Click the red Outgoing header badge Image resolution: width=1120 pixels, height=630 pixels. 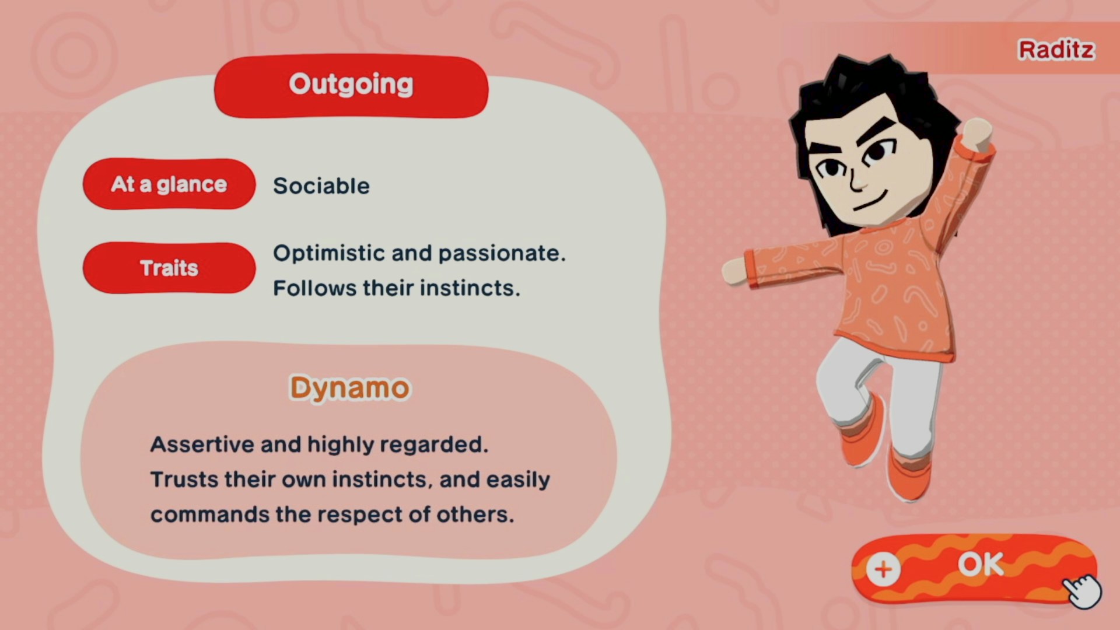351,86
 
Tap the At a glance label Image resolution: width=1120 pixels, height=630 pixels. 169,184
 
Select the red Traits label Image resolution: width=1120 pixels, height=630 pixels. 169,268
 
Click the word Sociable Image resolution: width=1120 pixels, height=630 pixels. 321,185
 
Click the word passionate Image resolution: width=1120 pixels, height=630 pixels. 502,253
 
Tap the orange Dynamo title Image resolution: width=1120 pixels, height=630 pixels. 350,388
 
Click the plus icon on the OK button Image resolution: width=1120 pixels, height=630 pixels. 883,569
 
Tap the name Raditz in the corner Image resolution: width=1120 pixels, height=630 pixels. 1056,50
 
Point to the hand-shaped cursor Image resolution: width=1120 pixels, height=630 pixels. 1083,590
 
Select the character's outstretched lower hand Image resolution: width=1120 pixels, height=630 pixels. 735,272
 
